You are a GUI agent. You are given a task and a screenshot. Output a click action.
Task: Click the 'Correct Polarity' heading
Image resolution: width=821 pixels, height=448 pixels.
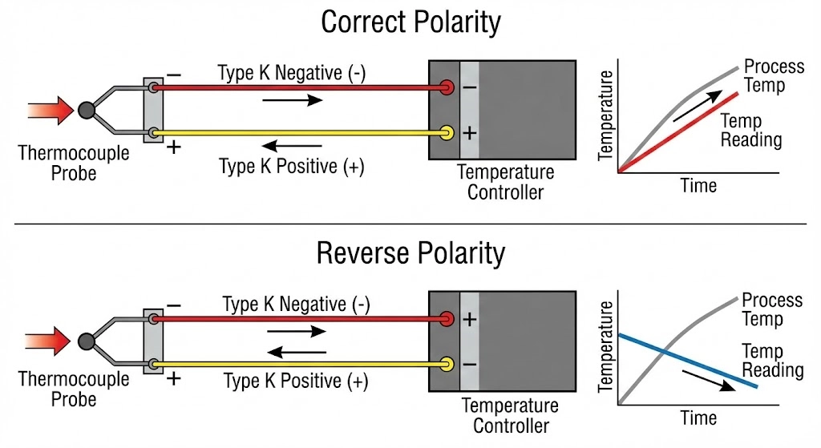coord(410,22)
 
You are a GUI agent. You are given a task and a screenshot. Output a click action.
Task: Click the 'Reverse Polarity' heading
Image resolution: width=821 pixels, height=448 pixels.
coord(410,253)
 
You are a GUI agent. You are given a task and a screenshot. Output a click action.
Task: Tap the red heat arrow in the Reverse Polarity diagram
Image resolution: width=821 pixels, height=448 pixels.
coord(50,341)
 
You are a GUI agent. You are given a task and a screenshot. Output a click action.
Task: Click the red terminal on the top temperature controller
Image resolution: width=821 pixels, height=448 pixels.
coord(447,87)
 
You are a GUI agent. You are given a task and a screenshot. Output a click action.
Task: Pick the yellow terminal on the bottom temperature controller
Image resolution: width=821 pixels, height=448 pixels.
coord(447,365)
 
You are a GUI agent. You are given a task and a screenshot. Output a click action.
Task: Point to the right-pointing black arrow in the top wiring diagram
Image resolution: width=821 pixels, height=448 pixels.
coord(293,100)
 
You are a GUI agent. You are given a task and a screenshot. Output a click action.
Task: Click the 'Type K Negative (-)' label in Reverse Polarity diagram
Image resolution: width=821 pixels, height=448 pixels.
coord(296,305)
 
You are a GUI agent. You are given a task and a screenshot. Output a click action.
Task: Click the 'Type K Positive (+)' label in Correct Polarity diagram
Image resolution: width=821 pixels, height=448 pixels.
coord(292,167)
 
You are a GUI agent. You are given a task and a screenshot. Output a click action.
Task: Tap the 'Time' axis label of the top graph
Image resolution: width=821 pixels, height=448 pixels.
coord(698,186)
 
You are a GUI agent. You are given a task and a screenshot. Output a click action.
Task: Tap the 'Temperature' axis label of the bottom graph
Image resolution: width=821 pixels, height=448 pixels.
coord(607,350)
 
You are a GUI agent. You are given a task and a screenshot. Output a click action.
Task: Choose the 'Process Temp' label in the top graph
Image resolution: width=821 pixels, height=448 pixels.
coord(773,75)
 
